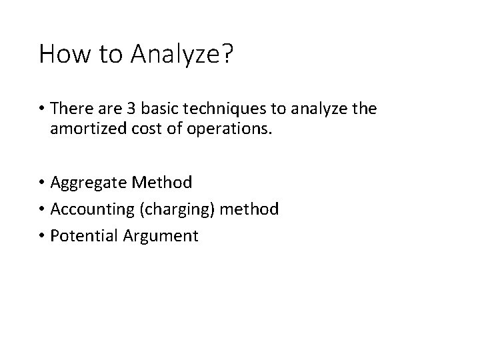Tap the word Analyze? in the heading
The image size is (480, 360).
click(x=181, y=55)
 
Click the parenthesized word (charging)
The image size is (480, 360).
click(x=175, y=209)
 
